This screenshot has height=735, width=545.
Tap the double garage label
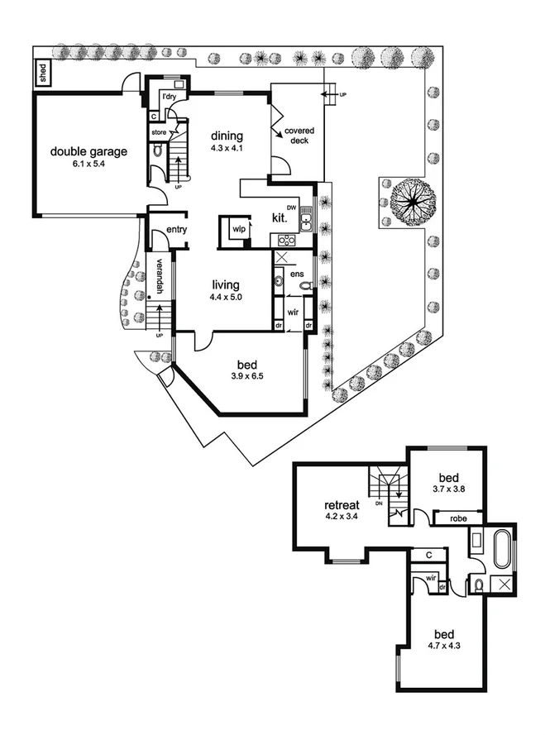tap(88, 157)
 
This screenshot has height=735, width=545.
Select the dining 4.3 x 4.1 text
tap(226, 142)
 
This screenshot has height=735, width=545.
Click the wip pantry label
tap(238, 228)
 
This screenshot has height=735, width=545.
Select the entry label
tap(175, 229)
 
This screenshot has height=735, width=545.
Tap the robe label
tap(457, 518)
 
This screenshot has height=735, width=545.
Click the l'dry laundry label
tap(170, 98)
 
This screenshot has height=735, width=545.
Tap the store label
tap(158, 131)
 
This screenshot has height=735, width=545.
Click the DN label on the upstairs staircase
tap(379, 502)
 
